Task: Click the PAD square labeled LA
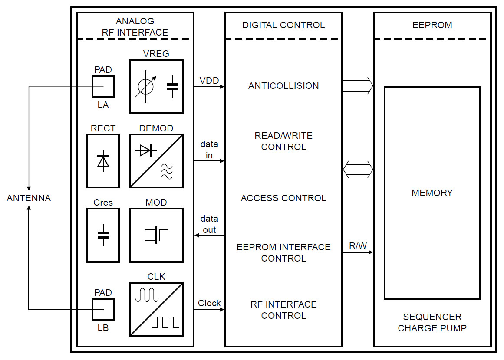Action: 103,87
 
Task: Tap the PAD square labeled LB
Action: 103,310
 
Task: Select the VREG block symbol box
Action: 156,87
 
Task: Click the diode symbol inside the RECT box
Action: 103,161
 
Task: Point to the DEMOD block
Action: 156,161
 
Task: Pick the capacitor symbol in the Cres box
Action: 103,235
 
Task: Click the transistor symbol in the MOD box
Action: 156,235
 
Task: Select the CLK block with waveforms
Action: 156,310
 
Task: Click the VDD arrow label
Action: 209,81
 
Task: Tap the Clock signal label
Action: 209,303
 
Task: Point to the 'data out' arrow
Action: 209,235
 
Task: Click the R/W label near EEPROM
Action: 358,246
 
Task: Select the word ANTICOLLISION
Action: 283,86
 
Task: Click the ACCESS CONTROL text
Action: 283,198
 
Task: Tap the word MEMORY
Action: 432,193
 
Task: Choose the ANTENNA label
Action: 29,198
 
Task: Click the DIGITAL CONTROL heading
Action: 283,25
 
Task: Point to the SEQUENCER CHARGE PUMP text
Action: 432,322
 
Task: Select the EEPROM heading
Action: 432,25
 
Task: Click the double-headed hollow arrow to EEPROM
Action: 358,169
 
